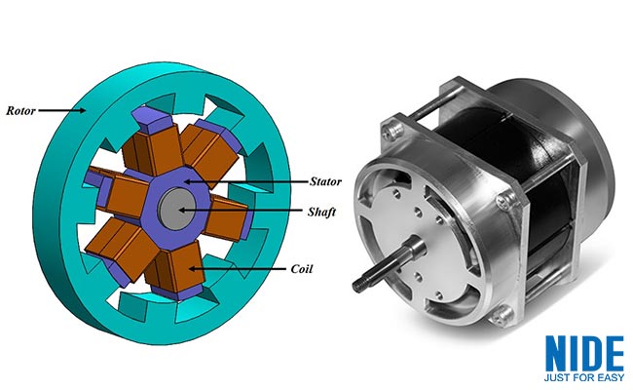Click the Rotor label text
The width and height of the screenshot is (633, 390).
pos(22,110)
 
